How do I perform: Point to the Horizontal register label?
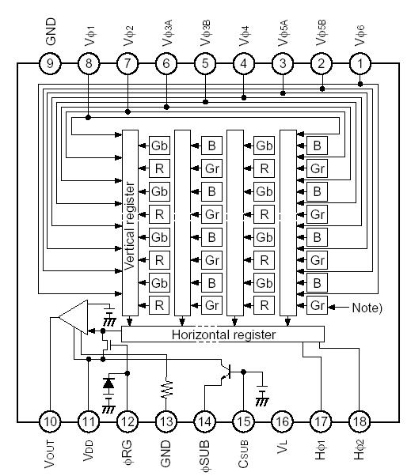(224, 334)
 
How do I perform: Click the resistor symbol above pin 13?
(166, 388)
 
